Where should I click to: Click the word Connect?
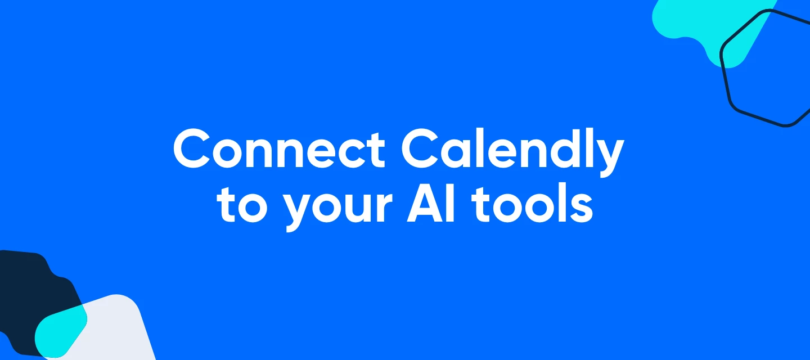(279, 148)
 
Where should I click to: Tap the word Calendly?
(512, 152)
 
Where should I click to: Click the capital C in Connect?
(192, 148)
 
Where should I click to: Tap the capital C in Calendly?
(420, 148)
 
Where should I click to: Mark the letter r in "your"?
(383, 207)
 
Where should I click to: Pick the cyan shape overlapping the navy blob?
(60, 331)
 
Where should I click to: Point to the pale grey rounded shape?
(116, 329)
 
